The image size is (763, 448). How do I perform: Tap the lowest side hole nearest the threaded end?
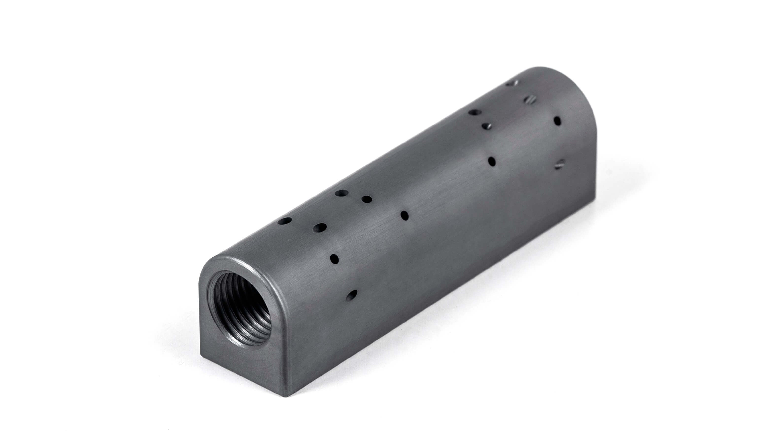[351, 295]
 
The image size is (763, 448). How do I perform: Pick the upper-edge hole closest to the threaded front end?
[284, 221]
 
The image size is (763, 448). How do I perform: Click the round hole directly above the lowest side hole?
[334, 259]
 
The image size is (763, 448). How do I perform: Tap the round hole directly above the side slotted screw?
[558, 121]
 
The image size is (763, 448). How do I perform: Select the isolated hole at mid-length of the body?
[405, 215]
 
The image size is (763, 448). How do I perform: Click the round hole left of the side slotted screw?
[492, 161]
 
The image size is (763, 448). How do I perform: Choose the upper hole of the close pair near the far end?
[475, 112]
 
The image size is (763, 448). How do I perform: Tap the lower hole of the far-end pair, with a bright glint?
[487, 126]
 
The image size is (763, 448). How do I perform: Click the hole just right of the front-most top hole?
[320, 227]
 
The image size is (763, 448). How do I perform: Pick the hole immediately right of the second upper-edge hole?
[366, 199]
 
